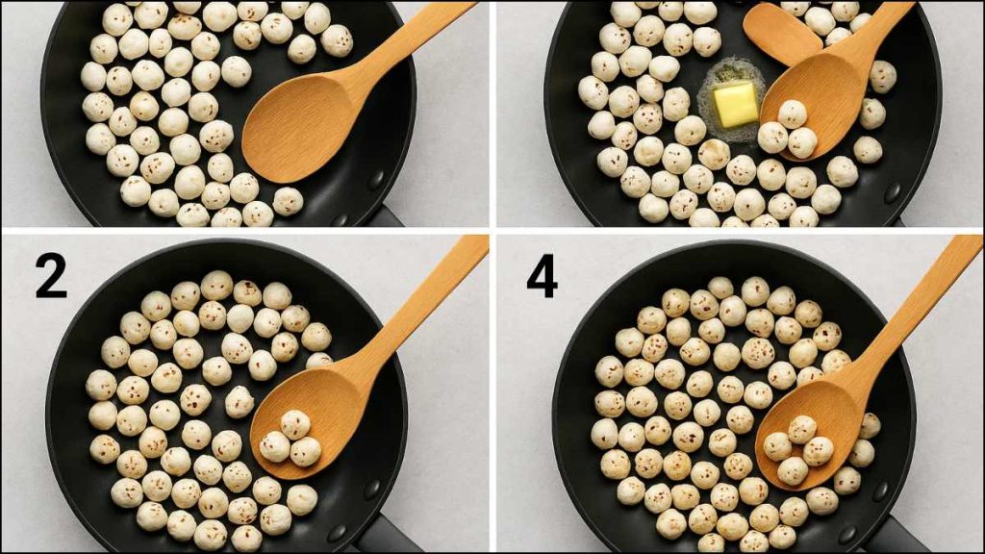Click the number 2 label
51,276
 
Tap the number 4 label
542,277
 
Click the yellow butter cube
736,105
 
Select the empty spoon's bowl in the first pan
296,128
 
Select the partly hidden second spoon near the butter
781,34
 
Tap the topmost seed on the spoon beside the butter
793,113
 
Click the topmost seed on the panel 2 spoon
294,424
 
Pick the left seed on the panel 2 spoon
275,445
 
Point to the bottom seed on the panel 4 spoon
793,470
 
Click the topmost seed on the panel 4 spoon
802,430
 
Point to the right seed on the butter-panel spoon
802,142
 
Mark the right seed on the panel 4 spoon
818,451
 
